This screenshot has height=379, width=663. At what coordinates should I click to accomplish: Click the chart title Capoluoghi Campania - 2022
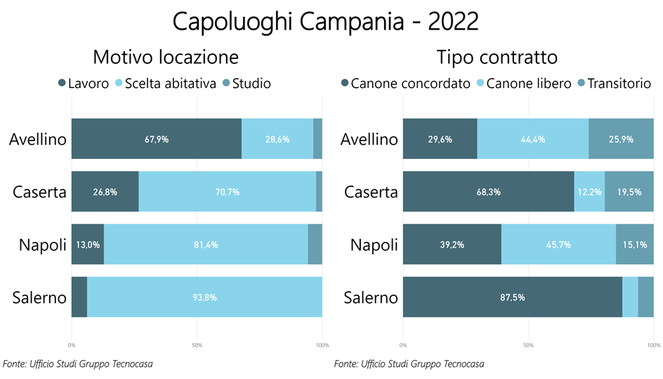click(325, 22)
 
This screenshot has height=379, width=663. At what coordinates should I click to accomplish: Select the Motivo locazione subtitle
click(166, 57)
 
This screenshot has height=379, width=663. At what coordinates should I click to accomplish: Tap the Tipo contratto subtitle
click(497, 57)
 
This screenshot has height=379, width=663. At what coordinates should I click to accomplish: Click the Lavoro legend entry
click(84, 84)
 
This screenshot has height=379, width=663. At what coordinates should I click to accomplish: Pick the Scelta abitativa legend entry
click(164, 84)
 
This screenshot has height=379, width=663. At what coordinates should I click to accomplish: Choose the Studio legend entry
click(246, 84)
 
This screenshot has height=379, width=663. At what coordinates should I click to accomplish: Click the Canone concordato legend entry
click(405, 84)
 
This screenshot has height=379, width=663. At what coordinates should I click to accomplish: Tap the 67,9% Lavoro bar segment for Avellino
click(157, 139)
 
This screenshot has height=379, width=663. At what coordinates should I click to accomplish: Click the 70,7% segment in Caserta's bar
click(228, 192)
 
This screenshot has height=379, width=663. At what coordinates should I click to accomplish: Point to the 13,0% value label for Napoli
click(88, 245)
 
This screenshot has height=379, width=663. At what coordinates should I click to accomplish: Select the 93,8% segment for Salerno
click(204, 297)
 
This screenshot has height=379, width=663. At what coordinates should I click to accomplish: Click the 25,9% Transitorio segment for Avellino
click(621, 139)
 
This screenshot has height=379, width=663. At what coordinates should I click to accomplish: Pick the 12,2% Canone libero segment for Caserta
click(589, 192)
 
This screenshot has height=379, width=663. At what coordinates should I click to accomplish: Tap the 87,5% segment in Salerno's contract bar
click(512, 297)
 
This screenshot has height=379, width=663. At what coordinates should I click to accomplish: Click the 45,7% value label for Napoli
click(558, 245)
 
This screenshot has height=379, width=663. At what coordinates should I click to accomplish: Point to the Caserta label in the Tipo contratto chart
click(370, 192)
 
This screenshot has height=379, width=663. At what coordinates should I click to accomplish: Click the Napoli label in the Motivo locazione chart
click(43, 245)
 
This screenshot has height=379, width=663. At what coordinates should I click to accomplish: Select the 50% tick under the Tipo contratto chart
click(528, 345)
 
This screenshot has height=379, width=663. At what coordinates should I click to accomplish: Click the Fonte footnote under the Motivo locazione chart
click(78, 364)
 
